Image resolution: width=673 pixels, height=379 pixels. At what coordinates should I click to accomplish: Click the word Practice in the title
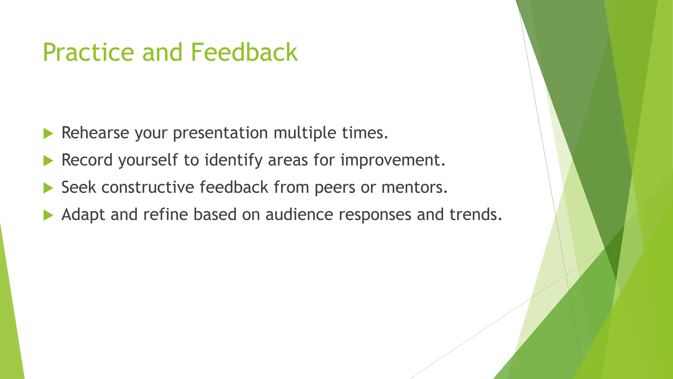coord(88,52)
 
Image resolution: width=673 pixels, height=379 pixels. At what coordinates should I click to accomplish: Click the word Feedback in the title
coord(244,52)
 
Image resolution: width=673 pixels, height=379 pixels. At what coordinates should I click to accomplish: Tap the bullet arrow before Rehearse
coord(48,134)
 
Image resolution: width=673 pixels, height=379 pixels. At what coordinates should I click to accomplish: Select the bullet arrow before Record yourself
coord(48,161)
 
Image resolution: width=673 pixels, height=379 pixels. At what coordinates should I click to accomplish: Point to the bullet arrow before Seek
coord(48,188)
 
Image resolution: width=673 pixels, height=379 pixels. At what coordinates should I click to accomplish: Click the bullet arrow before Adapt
coord(48,215)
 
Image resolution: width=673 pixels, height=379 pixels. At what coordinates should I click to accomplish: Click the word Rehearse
coord(95,133)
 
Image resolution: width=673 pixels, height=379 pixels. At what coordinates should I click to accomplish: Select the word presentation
coord(220,133)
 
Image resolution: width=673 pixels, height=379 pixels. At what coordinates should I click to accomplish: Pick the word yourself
coord(148,160)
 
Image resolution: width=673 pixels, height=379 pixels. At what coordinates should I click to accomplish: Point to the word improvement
coord(392,160)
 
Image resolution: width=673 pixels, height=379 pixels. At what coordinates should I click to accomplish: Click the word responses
coord(375,215)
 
